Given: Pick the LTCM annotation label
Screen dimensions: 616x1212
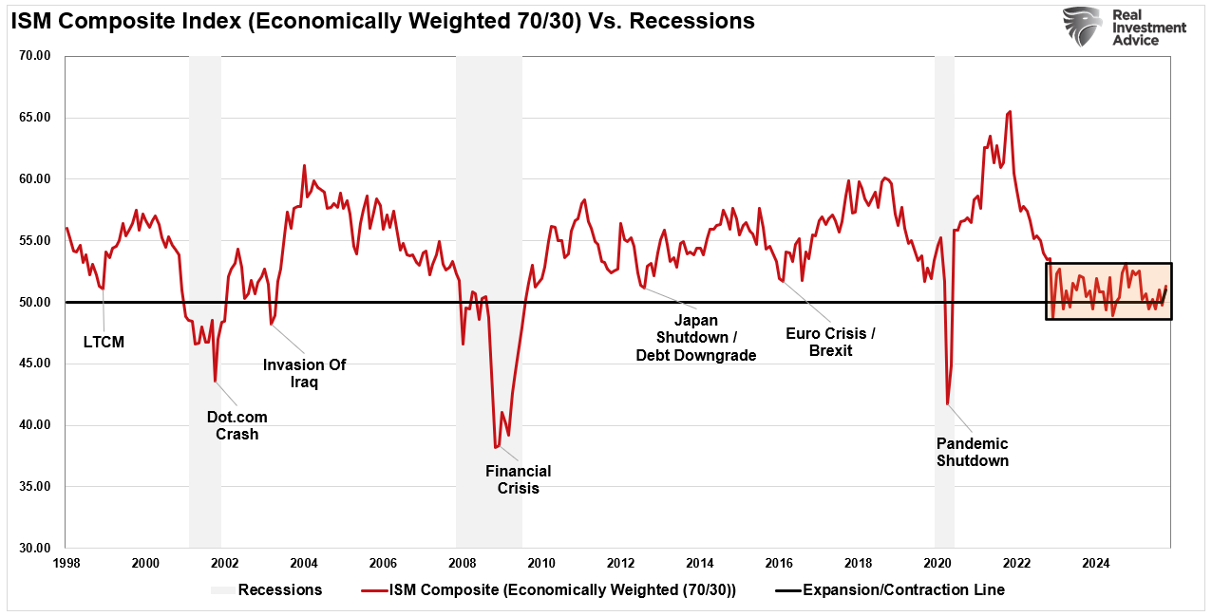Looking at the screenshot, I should pos(104,342).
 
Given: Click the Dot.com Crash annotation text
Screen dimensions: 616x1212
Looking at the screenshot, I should pos(237,425).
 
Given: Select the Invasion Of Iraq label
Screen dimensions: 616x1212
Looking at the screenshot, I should pos(304,373).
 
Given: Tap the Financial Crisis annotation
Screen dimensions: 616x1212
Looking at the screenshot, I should pos(518,479).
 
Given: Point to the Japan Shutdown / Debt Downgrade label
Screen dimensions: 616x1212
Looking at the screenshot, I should pos(695,338).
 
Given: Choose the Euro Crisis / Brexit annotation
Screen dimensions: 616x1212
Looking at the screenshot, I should pos(831,342).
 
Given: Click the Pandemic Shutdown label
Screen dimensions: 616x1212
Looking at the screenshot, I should pos(972,452).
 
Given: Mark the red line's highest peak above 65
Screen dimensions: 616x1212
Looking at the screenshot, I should pos(1009,111).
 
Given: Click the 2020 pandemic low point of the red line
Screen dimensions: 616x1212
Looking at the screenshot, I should pos(947,404).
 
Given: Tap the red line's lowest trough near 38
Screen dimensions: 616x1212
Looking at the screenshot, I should pos(495,447).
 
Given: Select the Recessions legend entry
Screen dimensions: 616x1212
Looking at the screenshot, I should pos(279,590).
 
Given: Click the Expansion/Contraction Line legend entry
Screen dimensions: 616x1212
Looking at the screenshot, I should pos(902,590).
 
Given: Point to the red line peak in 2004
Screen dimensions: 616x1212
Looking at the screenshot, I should pos(304,165).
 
